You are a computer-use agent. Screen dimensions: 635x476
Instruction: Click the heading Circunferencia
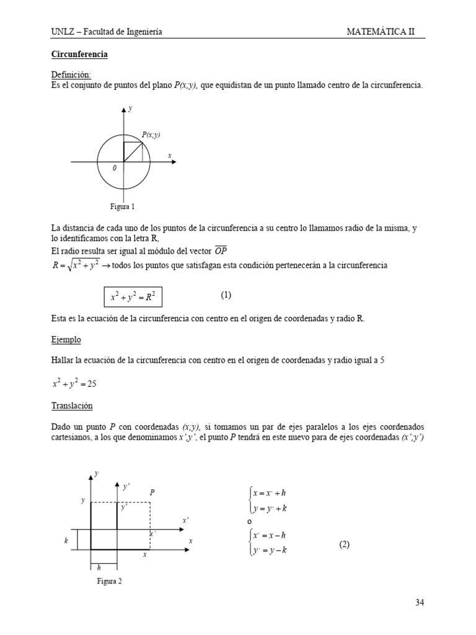pyautogui.click(x=79, y=55)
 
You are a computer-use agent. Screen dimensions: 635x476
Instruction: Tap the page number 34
pyautogui.click(x=419, y=602)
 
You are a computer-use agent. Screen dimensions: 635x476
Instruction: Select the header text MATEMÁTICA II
pyautogui.click(x=389, y=32)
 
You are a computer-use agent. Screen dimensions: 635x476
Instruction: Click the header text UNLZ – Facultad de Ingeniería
pyautogui.click(x=107, y=32)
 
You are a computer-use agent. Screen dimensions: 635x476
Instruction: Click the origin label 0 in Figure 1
pyautogui.click(x=114, y=168)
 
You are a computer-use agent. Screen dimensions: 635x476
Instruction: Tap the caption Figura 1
pyautogui.click(x=123, y=206)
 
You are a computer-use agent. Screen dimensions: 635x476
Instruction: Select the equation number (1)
pyautogui.click(x=226, y=295)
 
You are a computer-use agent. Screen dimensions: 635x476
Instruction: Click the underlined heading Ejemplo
pyautogui.click(x=66, y=340)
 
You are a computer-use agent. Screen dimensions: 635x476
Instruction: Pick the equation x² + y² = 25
pyautogui.click(x=74, y=384)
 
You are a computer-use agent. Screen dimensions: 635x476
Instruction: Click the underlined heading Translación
pyautogui.click(x=72, y=406)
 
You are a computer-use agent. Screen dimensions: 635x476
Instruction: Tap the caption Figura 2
pyautogui.click(x=110, y=581)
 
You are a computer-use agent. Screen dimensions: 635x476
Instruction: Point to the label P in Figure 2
pyautogui.click(x=152, y=492)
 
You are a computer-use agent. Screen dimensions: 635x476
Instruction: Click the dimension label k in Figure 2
pyautogui.click(x=65, y=541)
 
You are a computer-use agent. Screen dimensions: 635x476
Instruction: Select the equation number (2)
pyautogui.click(x=345, y=544)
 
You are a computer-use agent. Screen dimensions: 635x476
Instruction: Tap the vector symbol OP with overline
pyautogui.click(x=221, y=251)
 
